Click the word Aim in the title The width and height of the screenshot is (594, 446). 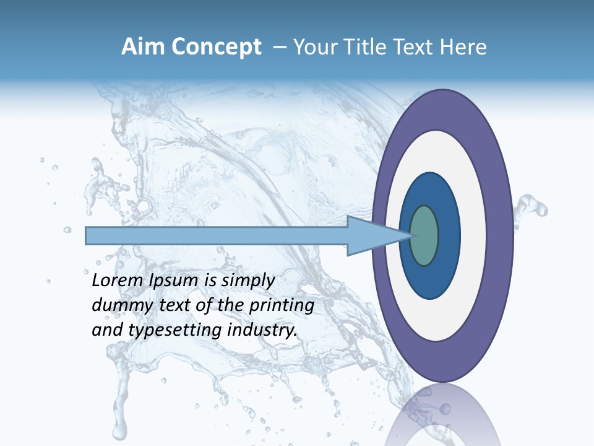[144, 47]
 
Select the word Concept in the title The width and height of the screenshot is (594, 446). [217, 47]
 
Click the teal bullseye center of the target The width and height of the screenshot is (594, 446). [424, 235]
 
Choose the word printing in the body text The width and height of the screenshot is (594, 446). [282, 305]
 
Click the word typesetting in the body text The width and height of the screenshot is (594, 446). [176, 330]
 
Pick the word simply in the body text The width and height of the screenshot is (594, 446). [247, 281]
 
